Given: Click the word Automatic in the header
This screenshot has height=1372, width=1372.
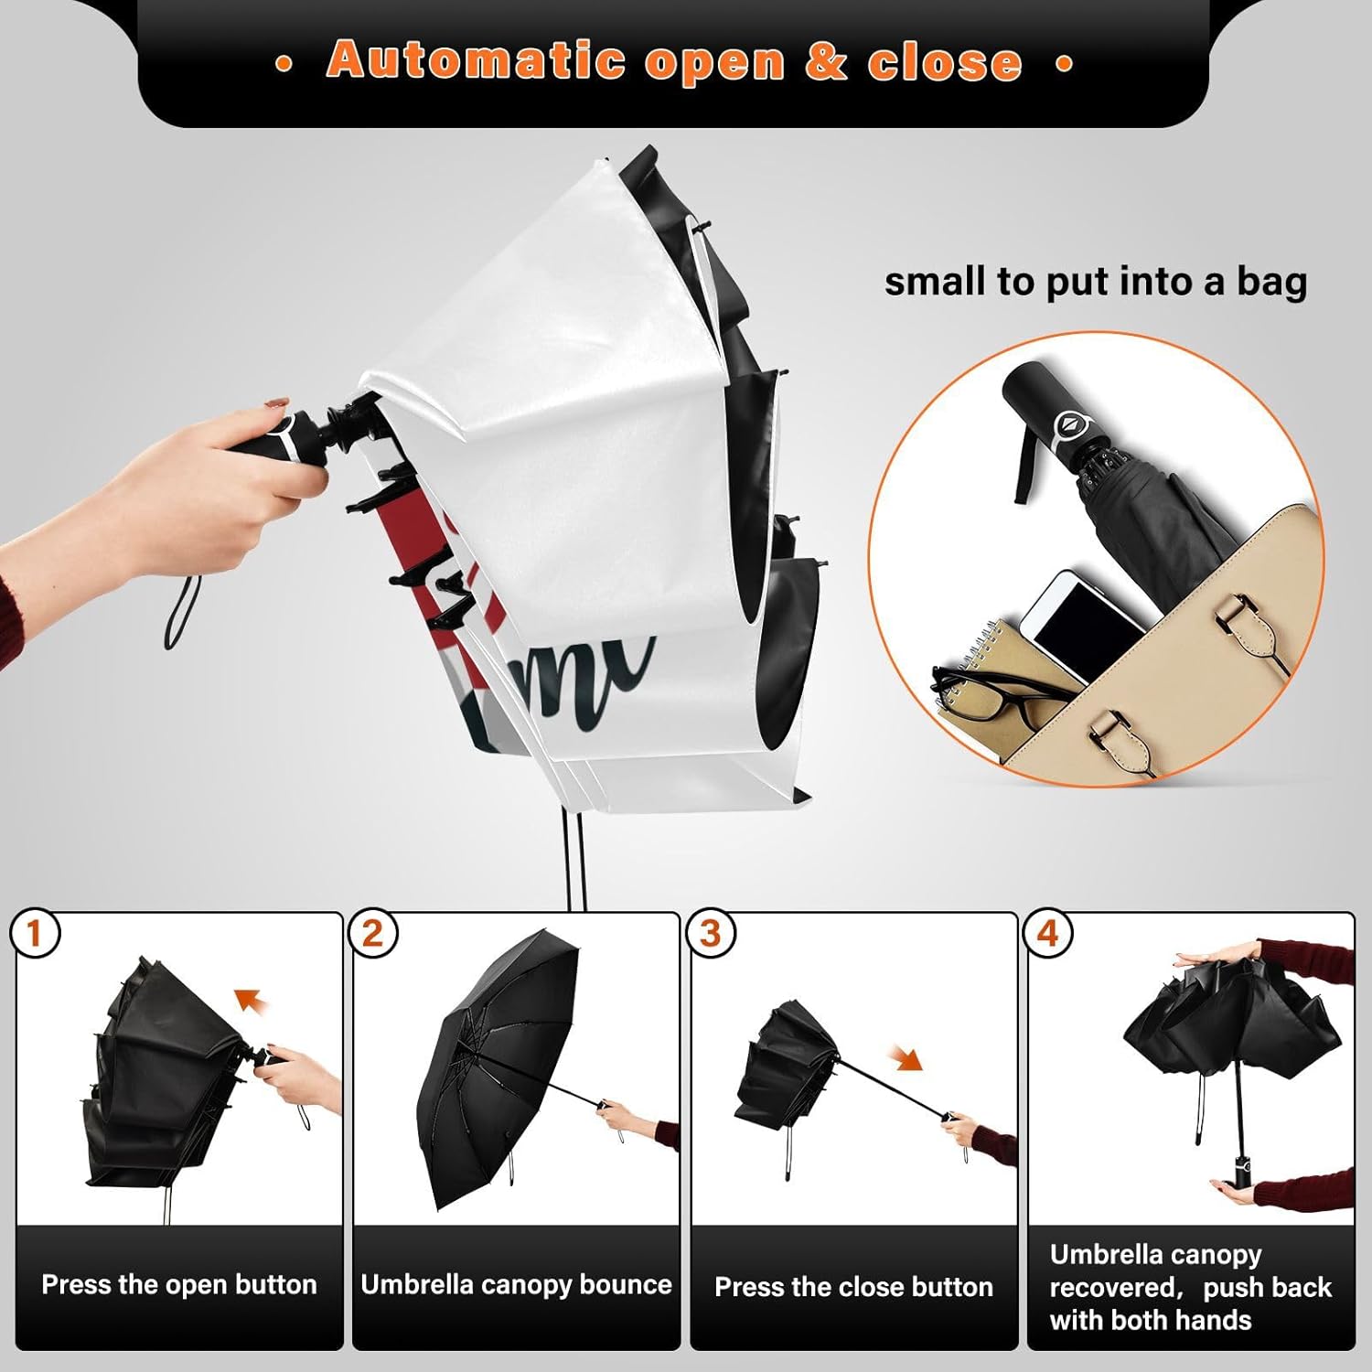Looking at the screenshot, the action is [476, 60].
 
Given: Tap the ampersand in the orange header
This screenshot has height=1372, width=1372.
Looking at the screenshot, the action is [826, 61].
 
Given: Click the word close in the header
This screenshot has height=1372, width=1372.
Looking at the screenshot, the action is [945, 62].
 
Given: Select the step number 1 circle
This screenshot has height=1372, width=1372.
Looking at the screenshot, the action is [35, 934].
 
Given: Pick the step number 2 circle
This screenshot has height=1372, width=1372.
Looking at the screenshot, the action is [372, 934].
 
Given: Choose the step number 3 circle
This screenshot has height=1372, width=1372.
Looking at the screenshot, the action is [710, 934].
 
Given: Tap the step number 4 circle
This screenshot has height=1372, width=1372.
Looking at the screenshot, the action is [1047, 934].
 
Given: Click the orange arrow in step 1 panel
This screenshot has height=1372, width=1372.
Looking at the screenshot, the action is [253, 1002].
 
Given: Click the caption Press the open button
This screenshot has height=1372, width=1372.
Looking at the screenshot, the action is [179, 1284].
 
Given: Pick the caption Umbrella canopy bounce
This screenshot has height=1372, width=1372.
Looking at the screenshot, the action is [517, 1284].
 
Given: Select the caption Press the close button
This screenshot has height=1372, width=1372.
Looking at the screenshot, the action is [853, 1287].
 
